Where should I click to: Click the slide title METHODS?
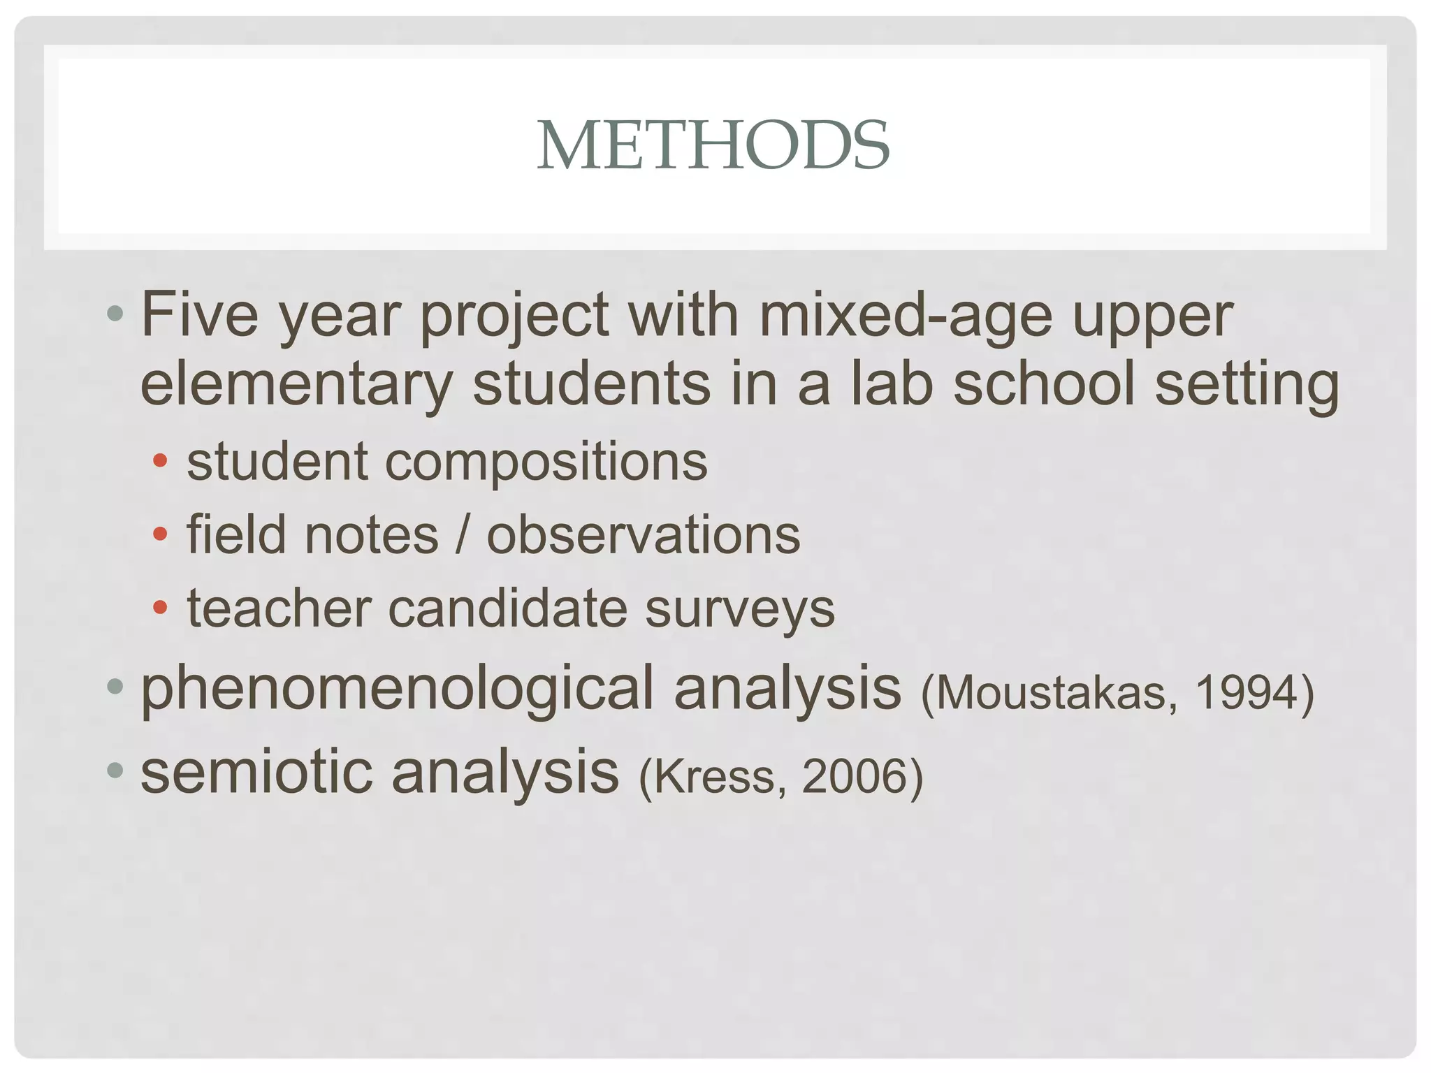coord(713,145)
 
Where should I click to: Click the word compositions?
coord(546,462)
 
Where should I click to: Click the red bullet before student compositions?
coord(160,460)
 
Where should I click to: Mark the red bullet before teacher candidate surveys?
coord(160,607)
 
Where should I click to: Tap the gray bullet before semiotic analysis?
coord(115,771)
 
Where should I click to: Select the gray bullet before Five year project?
coord(115,314)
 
